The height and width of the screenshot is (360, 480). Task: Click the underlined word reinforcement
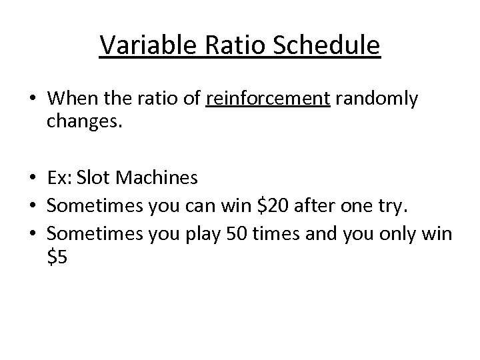[x=268, y=100]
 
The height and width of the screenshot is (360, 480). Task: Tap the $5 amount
[x=57, y=259]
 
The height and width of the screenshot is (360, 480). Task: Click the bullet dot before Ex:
[x=32, y=179]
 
